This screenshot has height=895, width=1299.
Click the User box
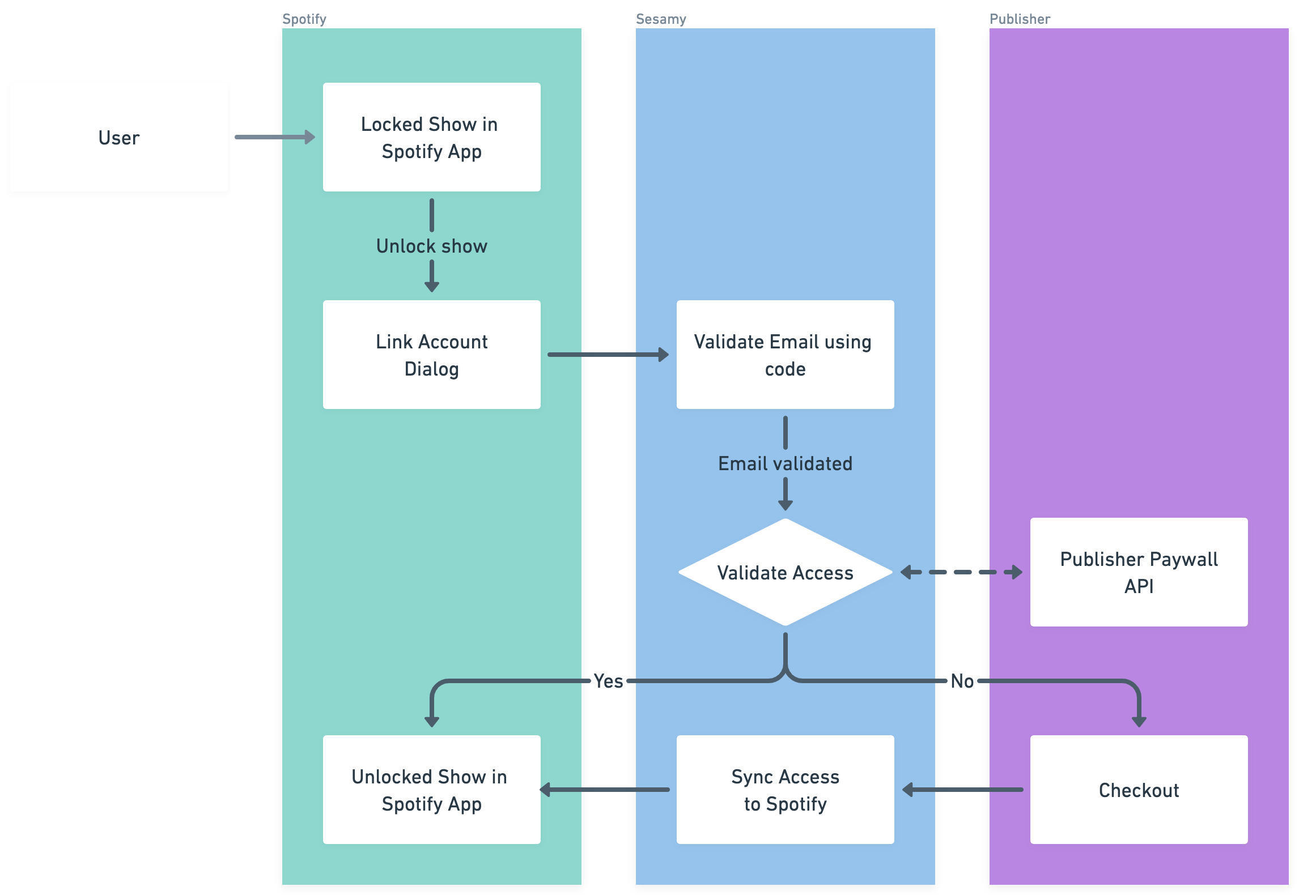tap(119, 137)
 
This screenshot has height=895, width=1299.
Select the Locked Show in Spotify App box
tap(431, 137)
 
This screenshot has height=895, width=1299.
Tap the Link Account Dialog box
tap(431, 355)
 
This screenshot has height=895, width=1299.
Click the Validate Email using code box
tap(785, 355)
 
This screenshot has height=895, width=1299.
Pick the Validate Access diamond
tap(785, 572)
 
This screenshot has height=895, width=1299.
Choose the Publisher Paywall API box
tap(1139, 572)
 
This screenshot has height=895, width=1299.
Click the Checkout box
tap(1139, 790)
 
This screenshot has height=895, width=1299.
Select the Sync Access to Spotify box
tap(785, 790)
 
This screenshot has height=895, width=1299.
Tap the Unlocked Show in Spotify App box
tap(431, 790)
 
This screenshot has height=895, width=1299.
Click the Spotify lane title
tap(304, 19)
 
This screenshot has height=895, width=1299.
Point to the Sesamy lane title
tap(661, 19)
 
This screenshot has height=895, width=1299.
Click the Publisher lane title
tap(1020, 19)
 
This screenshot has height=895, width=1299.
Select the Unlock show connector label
tap(431, 246)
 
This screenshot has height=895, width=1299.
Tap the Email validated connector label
tap(785, 463)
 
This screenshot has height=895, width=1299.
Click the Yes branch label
tap(608, 681)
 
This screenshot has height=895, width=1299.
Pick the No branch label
tap(962, 681)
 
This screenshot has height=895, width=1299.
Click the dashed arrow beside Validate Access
tap(962, 572)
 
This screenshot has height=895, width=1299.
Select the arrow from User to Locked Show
tap(275, 137)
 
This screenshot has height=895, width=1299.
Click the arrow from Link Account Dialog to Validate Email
tap(608, 355)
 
